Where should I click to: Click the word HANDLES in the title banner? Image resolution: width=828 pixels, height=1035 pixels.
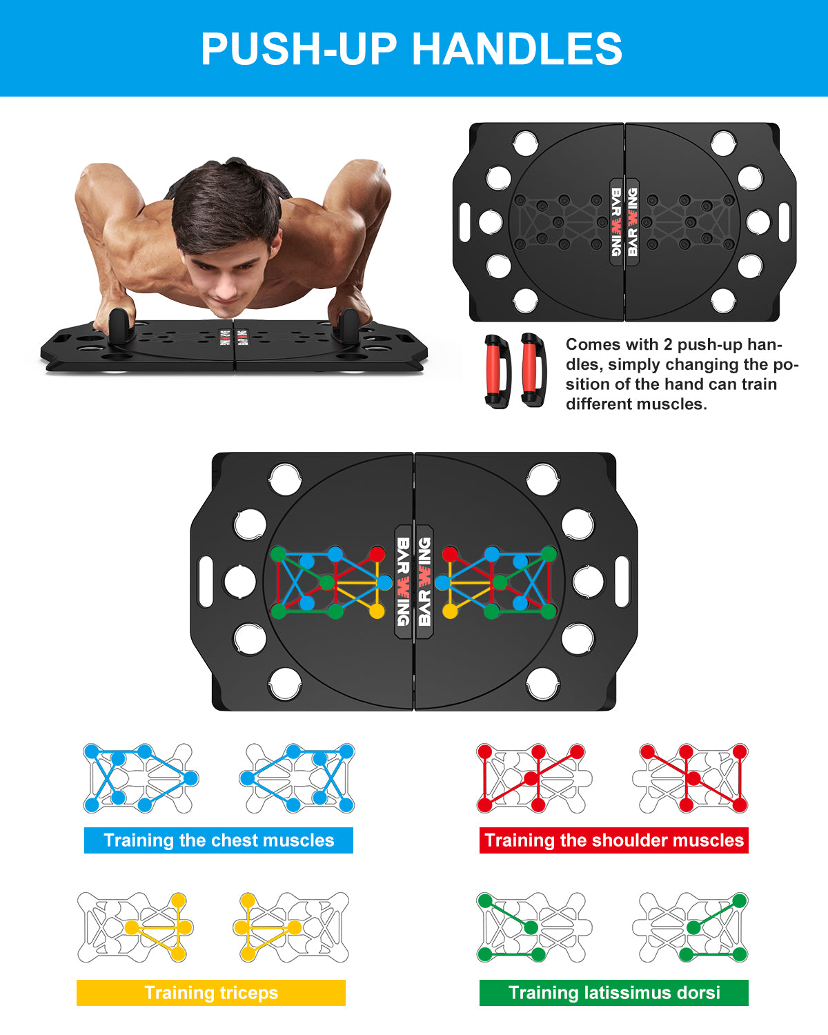[517, 48]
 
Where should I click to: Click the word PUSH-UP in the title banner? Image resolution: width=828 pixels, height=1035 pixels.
[299, 48]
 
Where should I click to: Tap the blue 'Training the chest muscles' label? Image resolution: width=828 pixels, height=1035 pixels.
[219, 840]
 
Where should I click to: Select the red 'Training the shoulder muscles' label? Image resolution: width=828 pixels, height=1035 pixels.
[614, 840]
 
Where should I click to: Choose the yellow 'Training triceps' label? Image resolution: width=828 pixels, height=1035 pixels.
[210, 993]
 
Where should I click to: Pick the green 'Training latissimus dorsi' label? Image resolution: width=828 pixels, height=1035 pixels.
[614, 993]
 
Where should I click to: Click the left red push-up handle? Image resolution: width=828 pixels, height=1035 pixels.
[497, 372]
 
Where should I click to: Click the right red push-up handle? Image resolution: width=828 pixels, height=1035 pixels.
[533, 371]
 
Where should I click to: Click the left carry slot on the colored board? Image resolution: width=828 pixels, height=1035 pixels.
[206, 582]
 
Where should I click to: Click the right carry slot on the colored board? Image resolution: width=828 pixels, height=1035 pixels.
[622, 582]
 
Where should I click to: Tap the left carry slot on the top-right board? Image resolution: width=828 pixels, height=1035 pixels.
[465, 222]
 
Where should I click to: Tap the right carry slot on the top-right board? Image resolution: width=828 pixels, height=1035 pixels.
[785, 222]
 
